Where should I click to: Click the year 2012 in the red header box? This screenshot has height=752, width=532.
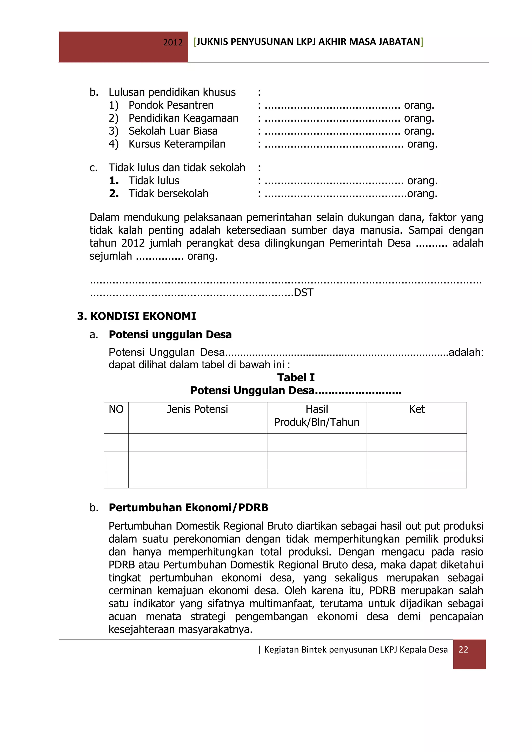(x=173, y=42)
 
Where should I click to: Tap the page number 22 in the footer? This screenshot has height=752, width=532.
(x=463, y=649)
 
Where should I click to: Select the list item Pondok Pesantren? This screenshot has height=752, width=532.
(x=171, y=105)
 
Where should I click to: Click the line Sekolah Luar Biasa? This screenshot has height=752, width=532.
(x=173, y=131)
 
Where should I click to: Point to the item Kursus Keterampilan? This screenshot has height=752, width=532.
(x=177, y=144)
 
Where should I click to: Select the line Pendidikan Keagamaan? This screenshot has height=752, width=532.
(x=183, y=118)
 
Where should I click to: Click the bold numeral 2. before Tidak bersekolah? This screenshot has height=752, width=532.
(x=114, y=193)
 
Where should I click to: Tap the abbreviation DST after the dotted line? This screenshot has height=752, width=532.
(x=303, y=292)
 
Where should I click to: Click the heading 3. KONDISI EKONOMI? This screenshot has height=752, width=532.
(x=137, y=316)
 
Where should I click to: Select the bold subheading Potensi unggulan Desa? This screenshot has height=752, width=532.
(x=170, y=334)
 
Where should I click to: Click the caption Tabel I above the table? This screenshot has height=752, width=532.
(x=296, y=377)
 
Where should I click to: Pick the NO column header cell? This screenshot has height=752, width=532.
(x=116, y=409)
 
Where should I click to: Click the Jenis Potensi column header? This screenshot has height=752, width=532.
(x=197, y=409)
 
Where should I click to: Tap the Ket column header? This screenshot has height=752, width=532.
(x=417, y=409)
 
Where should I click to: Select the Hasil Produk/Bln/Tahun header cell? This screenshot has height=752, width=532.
(x=316, y=416)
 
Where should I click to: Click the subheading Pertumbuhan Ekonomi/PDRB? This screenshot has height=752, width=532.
(x=188, y=507)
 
